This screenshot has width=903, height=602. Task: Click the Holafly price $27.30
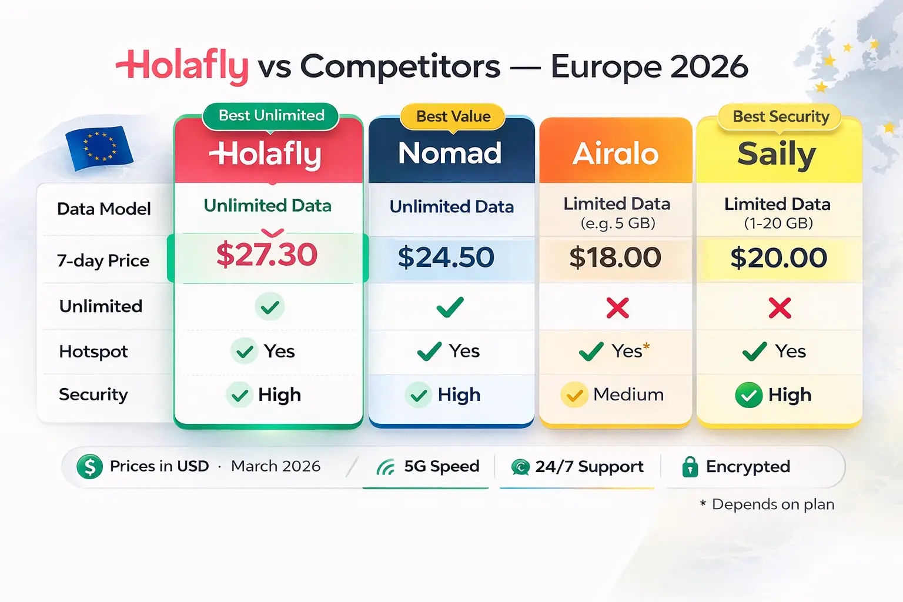point(267,255)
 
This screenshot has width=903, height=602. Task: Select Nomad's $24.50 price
point(446,257)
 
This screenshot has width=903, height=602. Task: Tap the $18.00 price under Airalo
point(615,257)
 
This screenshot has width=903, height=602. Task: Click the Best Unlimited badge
point(271,115)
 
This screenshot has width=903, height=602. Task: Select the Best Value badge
point(453,116)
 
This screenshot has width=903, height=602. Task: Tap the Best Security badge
point(781,116)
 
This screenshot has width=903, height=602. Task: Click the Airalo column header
point(616,154)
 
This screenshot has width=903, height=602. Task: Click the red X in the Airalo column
point(617,307)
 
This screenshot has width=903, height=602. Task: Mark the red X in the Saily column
point(780,307)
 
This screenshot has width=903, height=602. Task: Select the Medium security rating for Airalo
point(628,394)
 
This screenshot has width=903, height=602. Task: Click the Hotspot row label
point(93,352)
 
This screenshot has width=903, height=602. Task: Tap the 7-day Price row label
point(103,260)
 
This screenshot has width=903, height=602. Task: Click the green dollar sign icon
point(89,467)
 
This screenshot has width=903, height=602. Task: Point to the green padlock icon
point(690,467)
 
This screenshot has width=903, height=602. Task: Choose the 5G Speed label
point(442,466)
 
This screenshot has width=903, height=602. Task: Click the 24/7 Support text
point(589,467)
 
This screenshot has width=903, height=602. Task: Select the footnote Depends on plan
point(772,504)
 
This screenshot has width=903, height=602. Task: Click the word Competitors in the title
point(400,66)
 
